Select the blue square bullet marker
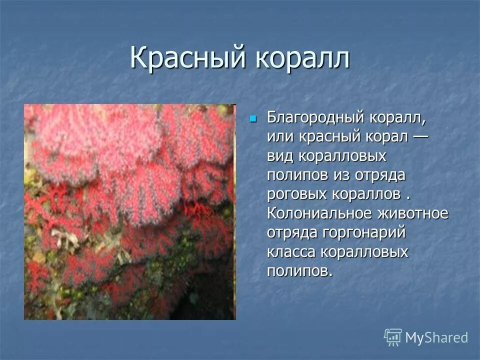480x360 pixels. [253, 119]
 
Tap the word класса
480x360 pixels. [290, 251]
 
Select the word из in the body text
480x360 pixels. [341, 175]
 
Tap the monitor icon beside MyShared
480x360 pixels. [393, 337]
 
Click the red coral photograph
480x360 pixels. [129, 211]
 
